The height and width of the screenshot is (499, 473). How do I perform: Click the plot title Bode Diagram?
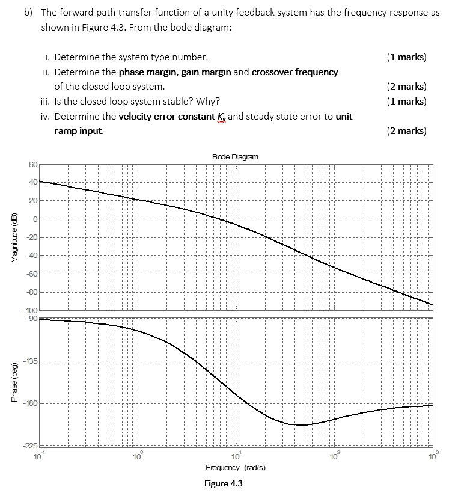tap(235, 156)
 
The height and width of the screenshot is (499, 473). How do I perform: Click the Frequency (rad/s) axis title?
tap(236, 468)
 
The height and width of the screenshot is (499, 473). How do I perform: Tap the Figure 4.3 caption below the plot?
tap(223, 484)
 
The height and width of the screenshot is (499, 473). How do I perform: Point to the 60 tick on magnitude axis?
tap(32, 164)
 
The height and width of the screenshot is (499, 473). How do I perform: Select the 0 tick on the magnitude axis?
tap(35, 219)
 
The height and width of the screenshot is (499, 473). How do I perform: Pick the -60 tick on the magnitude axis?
tap(31, 274)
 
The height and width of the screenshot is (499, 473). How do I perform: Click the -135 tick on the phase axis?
tap(30, 361)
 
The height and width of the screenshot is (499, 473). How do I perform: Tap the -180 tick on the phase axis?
tap(30, 403)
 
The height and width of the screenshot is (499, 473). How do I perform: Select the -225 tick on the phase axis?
tap(30, 445)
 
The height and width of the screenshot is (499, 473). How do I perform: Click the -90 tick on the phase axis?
tap(31, 318)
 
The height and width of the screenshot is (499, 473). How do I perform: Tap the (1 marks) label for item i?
tap(407, 58)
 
